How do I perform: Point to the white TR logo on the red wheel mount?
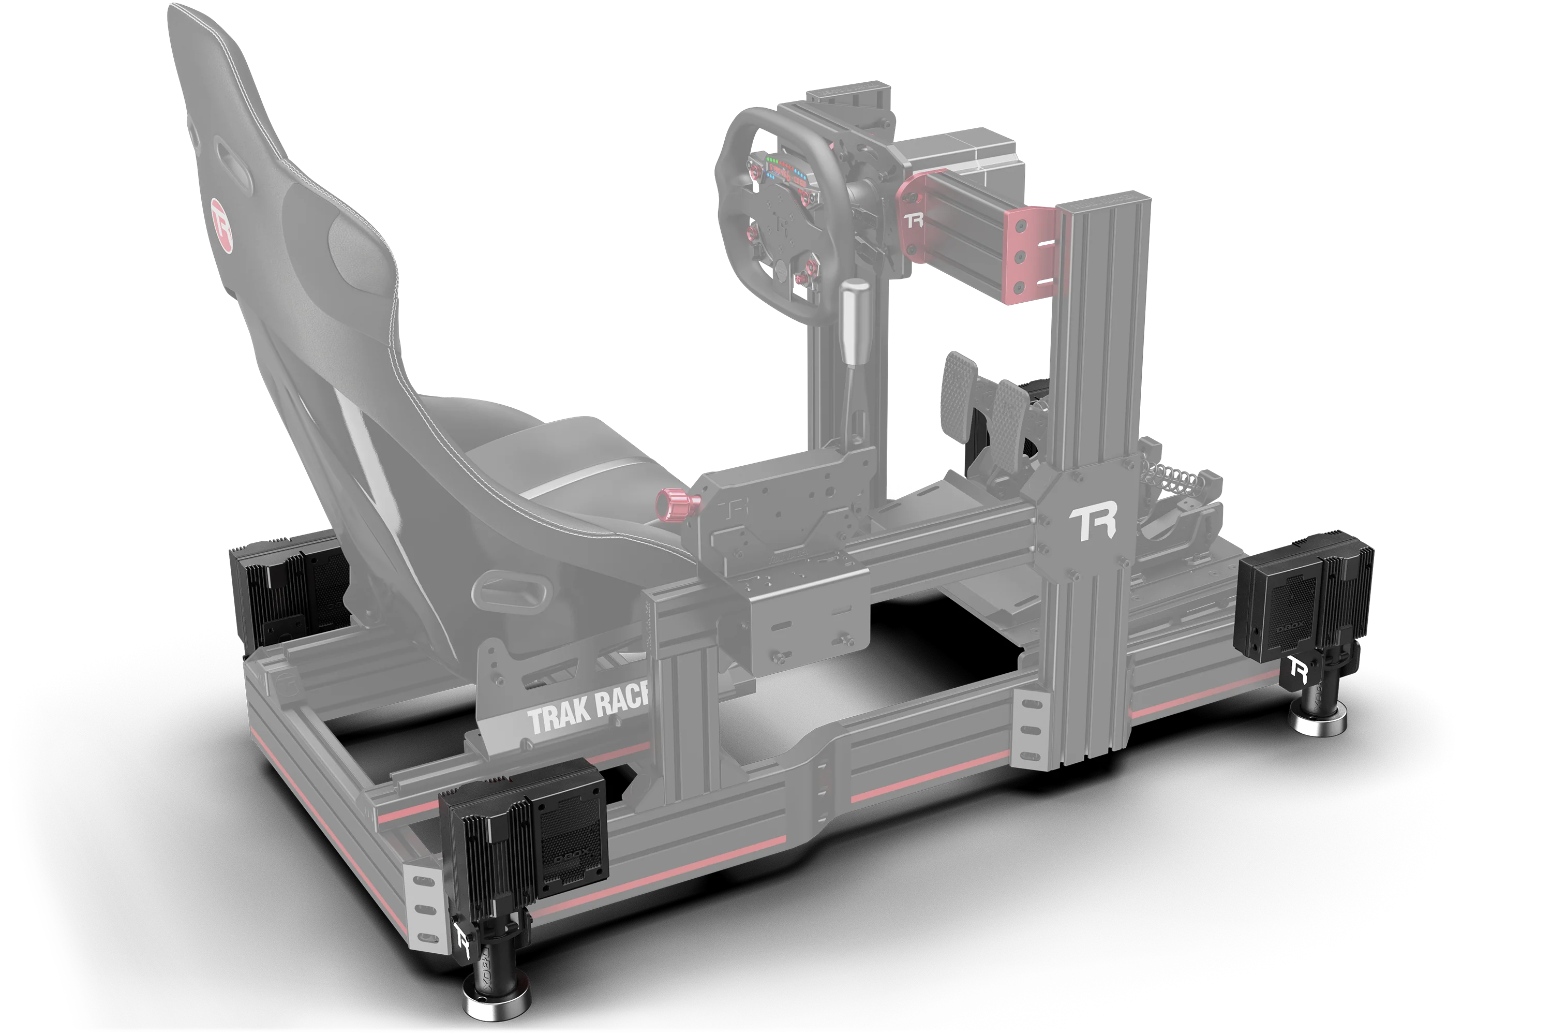pyautogui.click(x=914, y=220)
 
